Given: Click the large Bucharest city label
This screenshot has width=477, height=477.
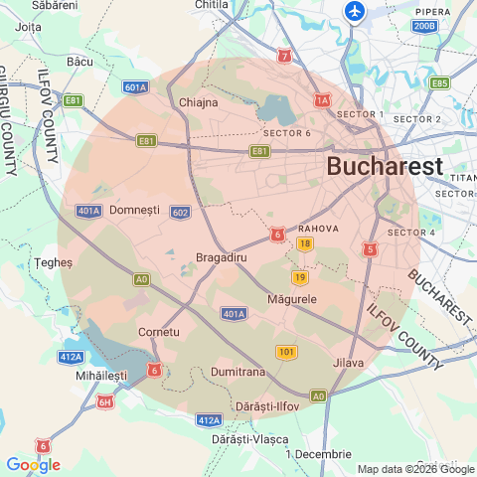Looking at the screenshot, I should [385, 166].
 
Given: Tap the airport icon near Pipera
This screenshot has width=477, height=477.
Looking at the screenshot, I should [355, 12].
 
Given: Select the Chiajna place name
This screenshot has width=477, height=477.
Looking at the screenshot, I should [198, 102].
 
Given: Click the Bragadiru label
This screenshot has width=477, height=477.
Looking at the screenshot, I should [221, 257].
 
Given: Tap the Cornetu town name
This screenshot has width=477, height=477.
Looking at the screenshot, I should [159, 331].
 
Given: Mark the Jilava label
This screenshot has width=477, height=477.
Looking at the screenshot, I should [349, 363].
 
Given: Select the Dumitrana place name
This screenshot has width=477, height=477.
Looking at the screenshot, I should [238, 372].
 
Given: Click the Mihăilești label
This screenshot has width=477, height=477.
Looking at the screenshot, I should [101, 378].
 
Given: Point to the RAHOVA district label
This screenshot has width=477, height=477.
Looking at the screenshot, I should [319, 228].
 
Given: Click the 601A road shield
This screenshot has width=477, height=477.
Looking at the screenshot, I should [136, 87].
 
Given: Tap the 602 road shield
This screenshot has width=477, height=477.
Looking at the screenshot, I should [180, 212].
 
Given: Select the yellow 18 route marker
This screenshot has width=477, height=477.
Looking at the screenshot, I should [304, 243].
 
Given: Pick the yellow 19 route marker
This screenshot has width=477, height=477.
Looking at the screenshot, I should [299, 277].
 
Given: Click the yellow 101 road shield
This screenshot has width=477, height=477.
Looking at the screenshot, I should [286, 352].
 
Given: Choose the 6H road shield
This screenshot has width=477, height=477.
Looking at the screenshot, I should [105, 401].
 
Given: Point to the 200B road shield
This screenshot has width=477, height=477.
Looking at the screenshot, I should [424, 26].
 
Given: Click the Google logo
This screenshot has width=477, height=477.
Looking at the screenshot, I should [33, 464].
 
